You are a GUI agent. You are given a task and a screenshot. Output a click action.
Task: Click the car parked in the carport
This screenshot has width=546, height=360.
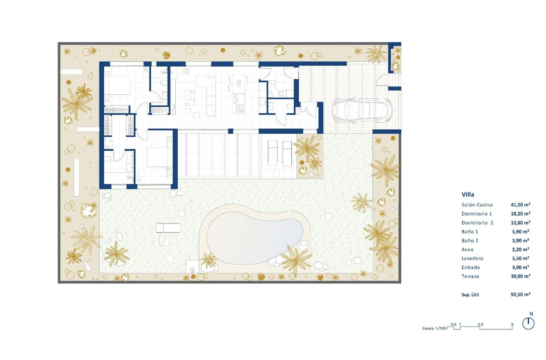[361, 111]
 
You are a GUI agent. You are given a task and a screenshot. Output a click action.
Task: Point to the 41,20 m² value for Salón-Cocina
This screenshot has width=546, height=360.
[521, 205]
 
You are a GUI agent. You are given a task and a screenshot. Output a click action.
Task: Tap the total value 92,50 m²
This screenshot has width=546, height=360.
[521, 294]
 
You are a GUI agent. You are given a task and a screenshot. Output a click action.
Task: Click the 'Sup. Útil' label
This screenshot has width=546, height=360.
[470, 294]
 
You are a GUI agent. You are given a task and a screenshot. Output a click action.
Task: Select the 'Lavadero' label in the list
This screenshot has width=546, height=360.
[472, 258]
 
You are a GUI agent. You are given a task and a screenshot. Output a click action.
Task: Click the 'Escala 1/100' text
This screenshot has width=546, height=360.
[434, 328]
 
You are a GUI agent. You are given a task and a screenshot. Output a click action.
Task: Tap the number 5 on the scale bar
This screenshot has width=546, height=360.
[513, 324]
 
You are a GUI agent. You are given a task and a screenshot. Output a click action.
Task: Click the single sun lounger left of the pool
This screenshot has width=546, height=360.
[168, 228]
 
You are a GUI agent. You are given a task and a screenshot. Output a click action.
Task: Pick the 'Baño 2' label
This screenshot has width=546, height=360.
[469, 241]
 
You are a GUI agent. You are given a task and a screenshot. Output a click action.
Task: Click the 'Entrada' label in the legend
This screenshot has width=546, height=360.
[471, 267]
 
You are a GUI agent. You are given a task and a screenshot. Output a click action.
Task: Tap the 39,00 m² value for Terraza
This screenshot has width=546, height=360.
[521, 276]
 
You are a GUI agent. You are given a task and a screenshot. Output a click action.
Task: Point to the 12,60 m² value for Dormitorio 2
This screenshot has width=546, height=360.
[521, 223]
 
